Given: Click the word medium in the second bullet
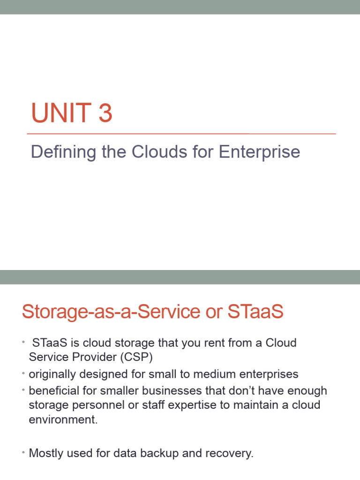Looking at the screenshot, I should coord(225,374).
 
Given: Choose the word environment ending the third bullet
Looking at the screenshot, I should coord(63,420).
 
